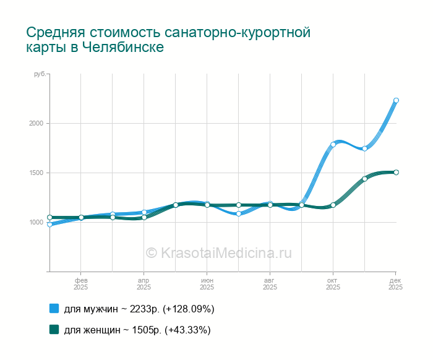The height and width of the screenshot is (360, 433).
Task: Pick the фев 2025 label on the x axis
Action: (x=80, y=283)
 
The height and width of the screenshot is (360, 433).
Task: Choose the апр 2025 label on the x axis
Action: (x=144, y=283)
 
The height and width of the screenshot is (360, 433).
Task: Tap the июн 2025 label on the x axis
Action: (x=207, y=283)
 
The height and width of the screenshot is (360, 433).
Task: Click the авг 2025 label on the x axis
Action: (x=270, y=283)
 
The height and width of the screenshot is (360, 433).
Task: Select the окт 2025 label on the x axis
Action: (x=333, y=283)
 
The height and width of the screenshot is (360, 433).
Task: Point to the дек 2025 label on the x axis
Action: (x=396, y=283)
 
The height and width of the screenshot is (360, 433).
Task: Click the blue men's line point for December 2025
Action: (x=396, y=100)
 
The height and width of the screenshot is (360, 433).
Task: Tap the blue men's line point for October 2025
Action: (x=333, y=145)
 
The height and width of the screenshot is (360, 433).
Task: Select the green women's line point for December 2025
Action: (x=396, y=172)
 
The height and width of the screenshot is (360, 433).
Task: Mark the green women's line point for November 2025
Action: (x=364, y=179)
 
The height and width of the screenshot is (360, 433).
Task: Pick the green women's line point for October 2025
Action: (x=333, y=205)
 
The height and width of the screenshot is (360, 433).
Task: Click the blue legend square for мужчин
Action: (x=54, y=309)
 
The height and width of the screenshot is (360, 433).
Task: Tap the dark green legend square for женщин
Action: (x=54, y=330)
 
